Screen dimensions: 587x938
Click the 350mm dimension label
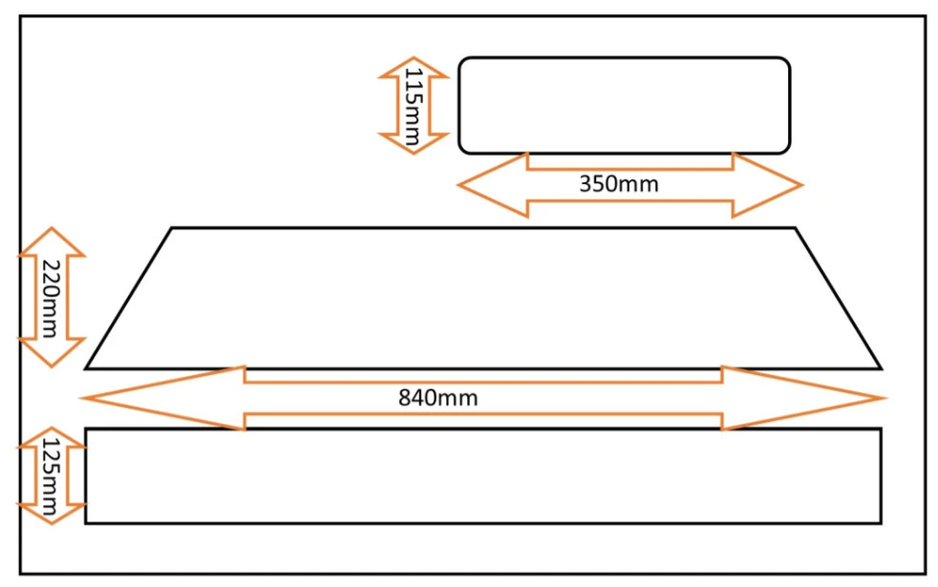[618, 183]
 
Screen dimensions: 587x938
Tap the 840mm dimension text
[437, 398]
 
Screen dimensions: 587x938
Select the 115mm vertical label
[413, 105]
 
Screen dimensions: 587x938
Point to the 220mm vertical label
[52, 298]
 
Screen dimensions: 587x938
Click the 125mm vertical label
[52, 475]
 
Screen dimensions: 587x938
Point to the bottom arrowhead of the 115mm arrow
[413, 143]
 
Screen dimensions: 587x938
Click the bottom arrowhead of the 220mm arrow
[52, 353]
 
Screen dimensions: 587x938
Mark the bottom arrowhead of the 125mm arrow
[52, 512]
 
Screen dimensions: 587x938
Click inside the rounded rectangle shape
[624, 105]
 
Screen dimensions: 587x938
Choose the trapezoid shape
[482, 298]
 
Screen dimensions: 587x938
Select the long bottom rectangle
[482, 475]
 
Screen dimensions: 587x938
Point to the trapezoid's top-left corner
[172, 228]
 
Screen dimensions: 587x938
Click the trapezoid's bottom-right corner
[880, 367]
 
